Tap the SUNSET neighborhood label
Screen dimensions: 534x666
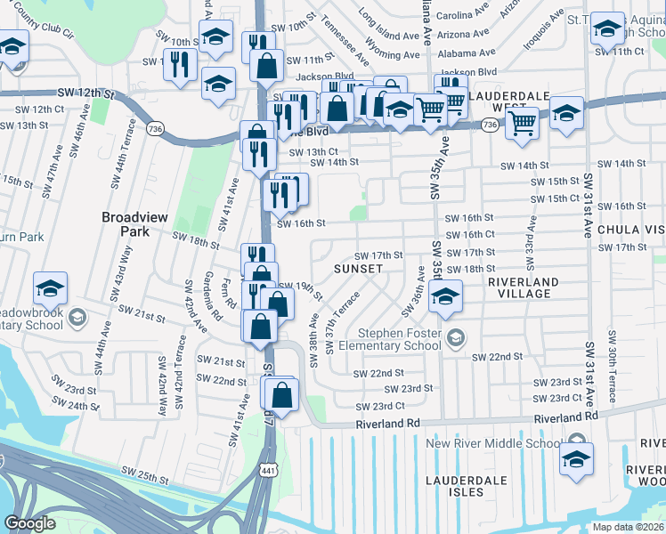click(358, 268)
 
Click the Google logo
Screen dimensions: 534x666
click(29, 523)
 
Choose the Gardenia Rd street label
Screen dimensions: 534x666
click(212, 295)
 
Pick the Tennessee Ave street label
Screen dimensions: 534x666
click(339, 34)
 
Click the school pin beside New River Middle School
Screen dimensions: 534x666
click(577, 459)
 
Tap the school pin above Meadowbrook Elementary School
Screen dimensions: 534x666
click(51, 288)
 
